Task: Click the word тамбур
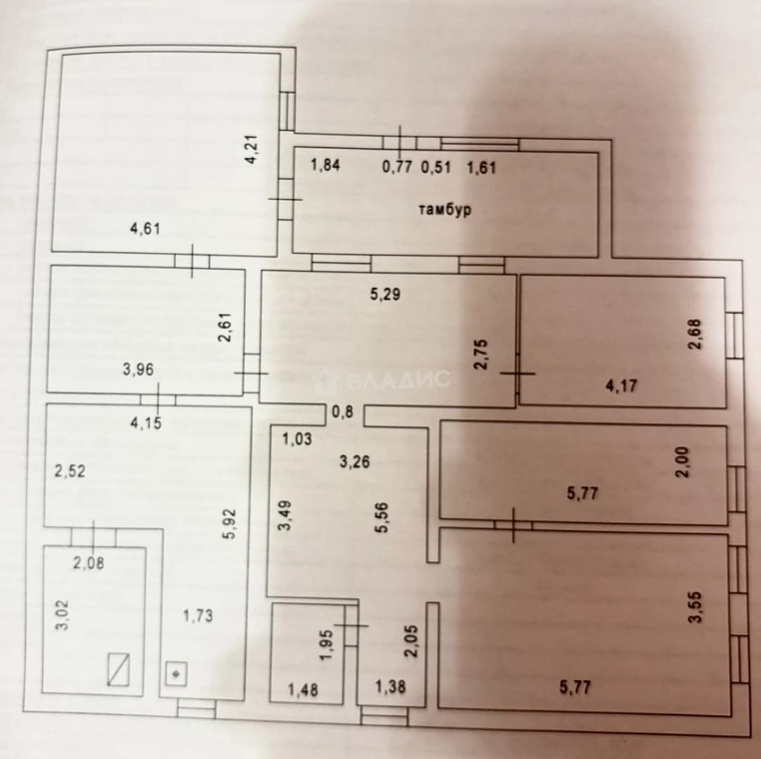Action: click(x=445, y=209)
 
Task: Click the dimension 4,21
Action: click(x=253, y=150)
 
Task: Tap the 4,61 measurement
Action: click(x=145, y=228)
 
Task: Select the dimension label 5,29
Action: click(x=385, y=294)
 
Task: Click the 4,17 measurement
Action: click(x=622, y=387)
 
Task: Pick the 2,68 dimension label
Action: click(x=695, y=334)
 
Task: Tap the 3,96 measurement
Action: click(x=138, y=370)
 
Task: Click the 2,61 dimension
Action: click(x=226, y=327)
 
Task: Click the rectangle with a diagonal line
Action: click(x=119, y=669)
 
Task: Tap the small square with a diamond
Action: click(x=176, y=674)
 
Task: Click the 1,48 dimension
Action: click(x=304, y=689)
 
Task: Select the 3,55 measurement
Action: click(x=696, y=606)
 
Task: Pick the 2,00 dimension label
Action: click(x=682, y=462)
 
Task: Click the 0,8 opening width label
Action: click(x=343, y=412)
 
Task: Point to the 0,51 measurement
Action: click(x=436, y=167)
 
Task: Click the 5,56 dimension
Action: click(x=382, y=517)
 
